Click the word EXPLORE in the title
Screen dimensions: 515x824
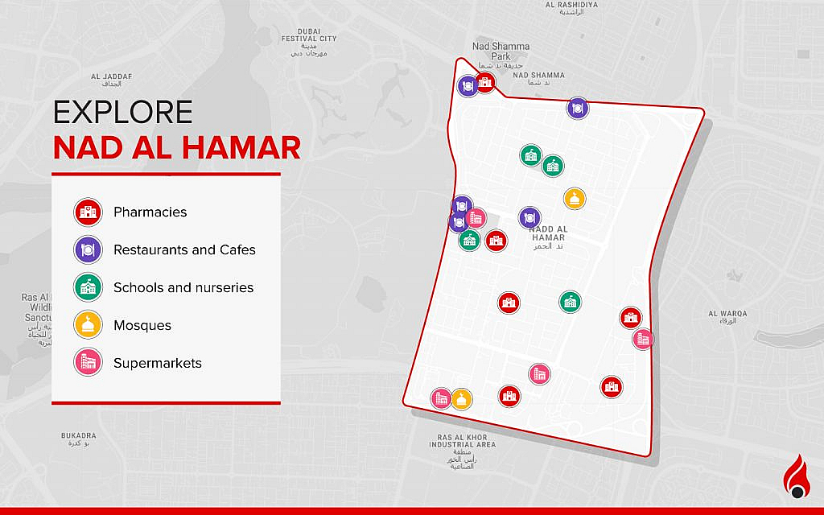122,113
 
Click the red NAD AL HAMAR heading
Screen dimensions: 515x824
177,148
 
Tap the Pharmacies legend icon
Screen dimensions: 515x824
88,212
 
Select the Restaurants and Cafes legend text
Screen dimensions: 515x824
184,250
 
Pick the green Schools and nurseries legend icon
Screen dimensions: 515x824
88,288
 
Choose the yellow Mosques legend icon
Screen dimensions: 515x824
88,325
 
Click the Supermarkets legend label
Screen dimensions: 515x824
157,363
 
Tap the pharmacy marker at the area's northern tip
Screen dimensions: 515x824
485,81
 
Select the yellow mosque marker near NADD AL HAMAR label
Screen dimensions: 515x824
573,199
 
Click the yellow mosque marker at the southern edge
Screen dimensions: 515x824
460,398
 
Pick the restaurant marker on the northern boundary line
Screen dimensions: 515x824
578,108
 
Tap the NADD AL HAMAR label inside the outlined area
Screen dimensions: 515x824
549,233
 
